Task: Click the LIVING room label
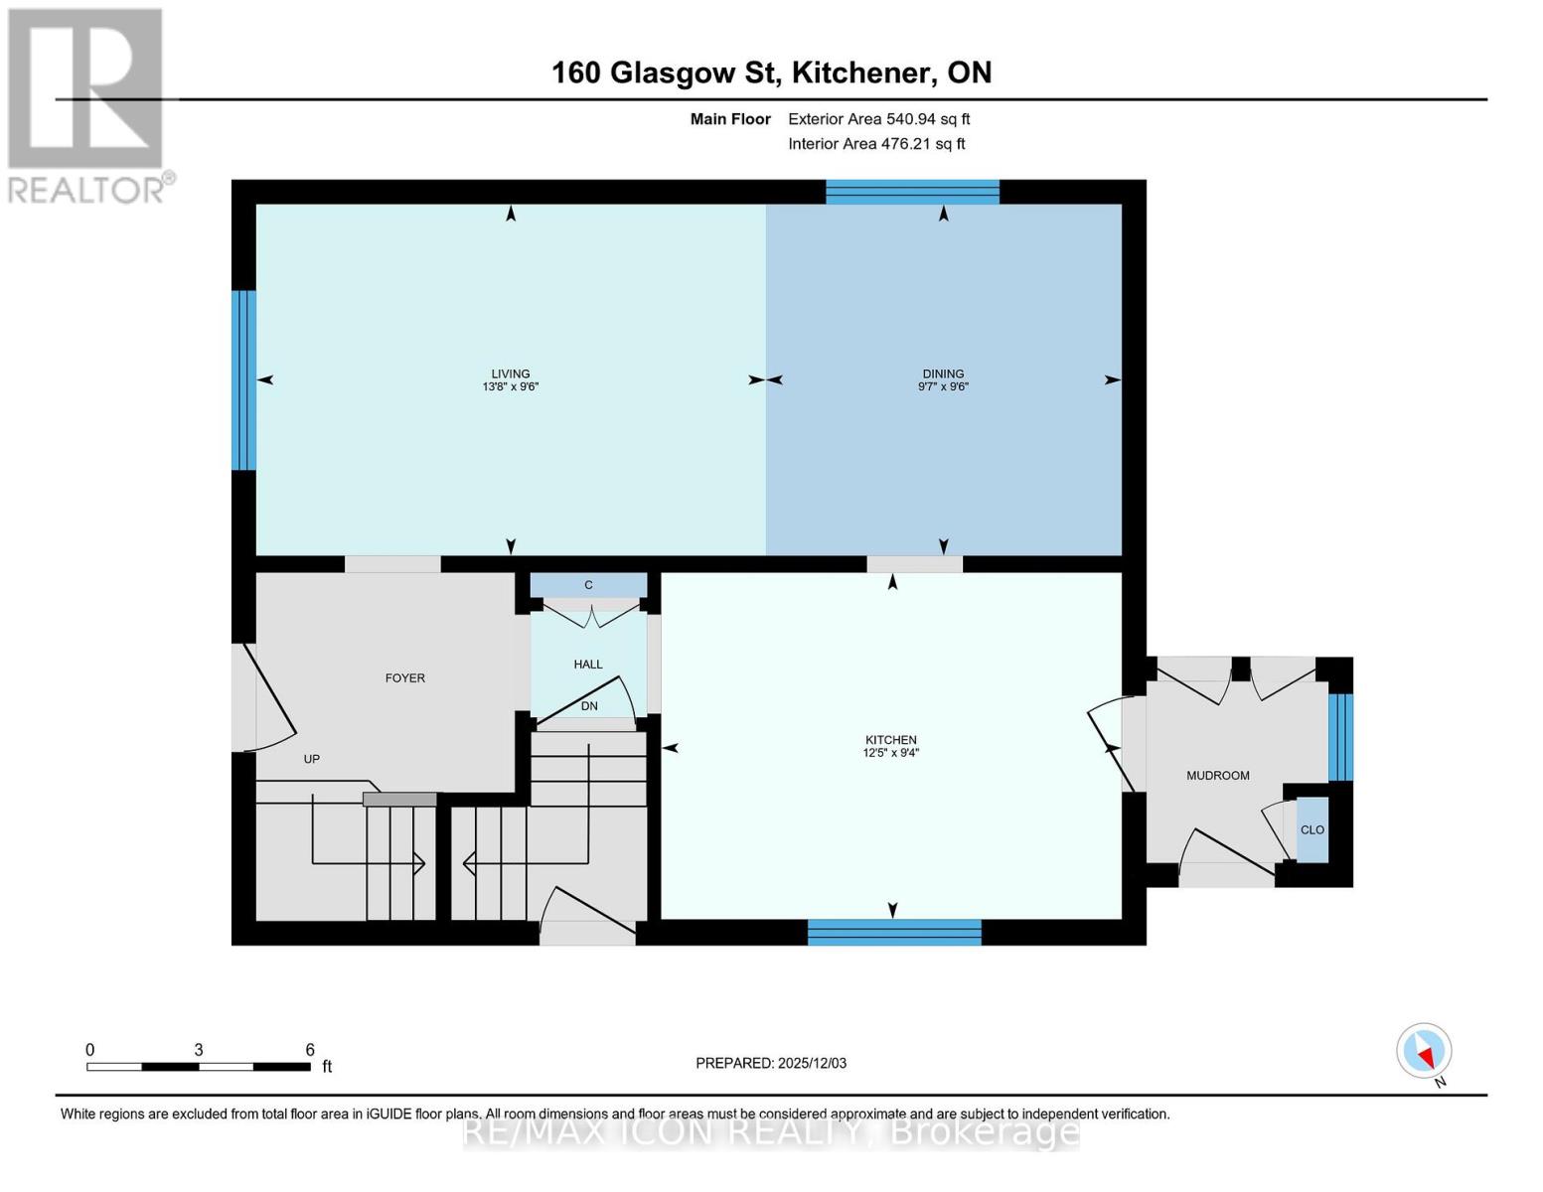coord(510,374)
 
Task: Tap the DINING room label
coord(943,374)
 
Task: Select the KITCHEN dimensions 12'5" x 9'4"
coord(890,753)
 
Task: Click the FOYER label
coord(404,678)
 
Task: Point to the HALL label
coord(588,665)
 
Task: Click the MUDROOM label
coord(1217,776)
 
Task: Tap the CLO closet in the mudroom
coord(1312,829)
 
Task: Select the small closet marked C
coord(588,585)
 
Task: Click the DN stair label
coord(589,706)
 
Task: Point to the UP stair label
coord(311,759)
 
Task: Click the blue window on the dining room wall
coord(912,192)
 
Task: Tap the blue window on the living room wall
coord(243,379)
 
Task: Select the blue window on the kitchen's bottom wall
coord(893,932)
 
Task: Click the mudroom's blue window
coord(1340,737)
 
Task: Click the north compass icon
coord(1424,1051)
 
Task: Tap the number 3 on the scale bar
coord(199,1050)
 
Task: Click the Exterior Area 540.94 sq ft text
coord(878,119)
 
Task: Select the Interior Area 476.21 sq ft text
coord(876,144)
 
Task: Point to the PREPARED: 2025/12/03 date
coord(770,1063)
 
